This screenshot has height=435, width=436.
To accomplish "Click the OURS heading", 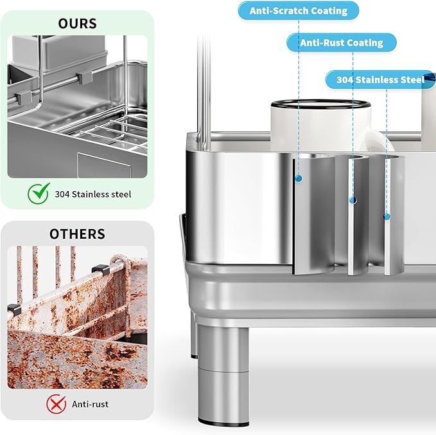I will click(x=77, y=24).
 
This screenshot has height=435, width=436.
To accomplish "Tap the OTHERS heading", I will click(x=77, y=234).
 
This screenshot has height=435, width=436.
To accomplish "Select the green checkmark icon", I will click(x=38, y=192).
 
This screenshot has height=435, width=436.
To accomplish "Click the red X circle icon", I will click(x=56, y=403).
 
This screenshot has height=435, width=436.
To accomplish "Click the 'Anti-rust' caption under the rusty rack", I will click(x=90, y=404).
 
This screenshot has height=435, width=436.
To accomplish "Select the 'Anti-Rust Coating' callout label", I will click(x=342, y=43).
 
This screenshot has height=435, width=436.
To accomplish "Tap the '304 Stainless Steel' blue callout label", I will click(x=381, y=80).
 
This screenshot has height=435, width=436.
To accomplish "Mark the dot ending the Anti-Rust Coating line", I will click(x=352, y=201).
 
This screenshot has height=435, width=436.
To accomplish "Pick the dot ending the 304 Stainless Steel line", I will click(x=387, y=217).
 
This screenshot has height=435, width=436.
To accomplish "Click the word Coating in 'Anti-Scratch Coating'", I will click(x=324, y=11).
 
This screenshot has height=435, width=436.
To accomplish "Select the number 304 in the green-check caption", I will click(x=62, y=194).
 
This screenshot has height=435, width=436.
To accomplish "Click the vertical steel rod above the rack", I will click(x=203, y=84).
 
